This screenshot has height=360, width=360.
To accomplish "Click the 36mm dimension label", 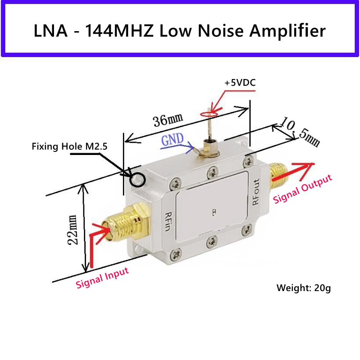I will (x=168, y=119).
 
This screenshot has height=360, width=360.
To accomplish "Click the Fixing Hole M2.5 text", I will (x=69, y=147).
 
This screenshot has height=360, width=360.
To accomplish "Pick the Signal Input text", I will (x=102, y=278).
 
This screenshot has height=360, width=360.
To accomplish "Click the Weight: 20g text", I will (x=303, y=288).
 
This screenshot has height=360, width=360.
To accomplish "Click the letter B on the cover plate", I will (x=214, y=213).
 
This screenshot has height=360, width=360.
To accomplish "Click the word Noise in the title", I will (x=220, y=31).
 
